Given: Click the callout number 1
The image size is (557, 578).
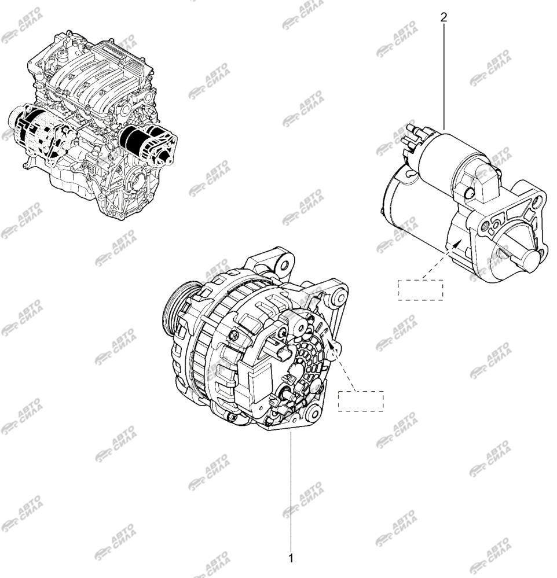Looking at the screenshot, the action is [291, 558].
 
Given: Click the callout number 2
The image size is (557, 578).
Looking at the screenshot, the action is [444, 17].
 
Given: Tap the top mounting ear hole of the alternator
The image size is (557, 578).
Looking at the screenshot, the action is [284, 266].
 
